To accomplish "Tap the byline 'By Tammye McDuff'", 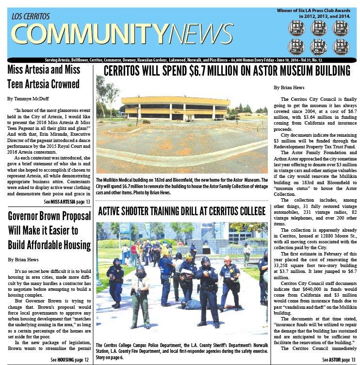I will click(28, 98).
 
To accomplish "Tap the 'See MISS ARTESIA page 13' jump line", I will click(67, 201).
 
